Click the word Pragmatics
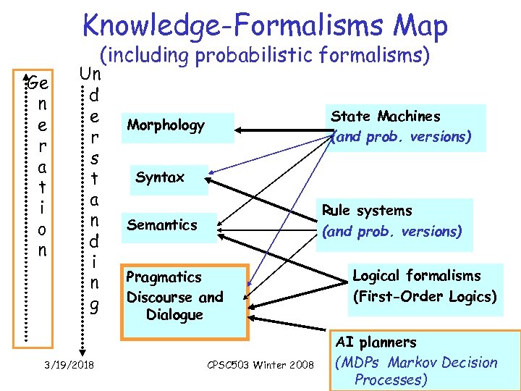[x=164, y=277]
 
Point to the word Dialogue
[x=174, y=315]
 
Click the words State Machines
[x=386, y=117]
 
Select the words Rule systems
[x=367, y=211]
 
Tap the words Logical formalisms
[x=416, y=276]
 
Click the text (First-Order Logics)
[x=424, y=296]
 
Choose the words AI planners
[x=377, y=342]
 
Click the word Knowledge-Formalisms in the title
[x=224, y=26]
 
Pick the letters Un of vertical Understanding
[x=90, y=74]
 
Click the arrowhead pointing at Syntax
[x=212, y=174]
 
